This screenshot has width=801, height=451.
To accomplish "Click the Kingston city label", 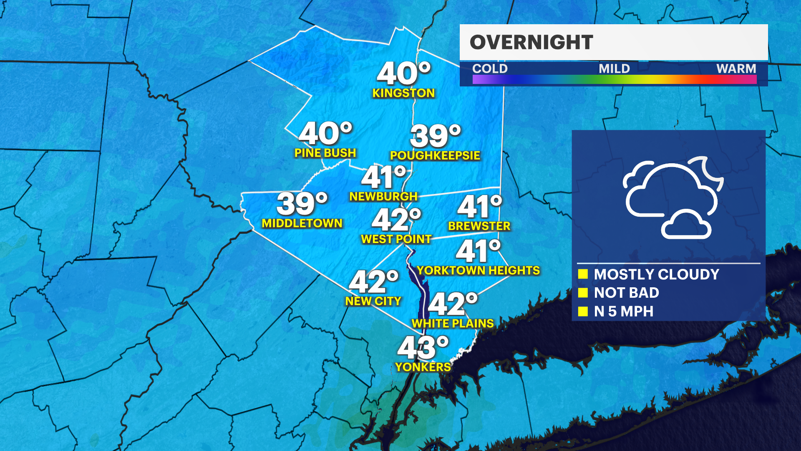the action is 403,93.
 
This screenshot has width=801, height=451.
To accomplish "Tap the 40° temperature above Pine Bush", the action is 325,133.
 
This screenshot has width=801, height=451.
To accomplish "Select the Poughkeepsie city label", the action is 435,155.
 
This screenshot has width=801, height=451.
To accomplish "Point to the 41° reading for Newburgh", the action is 383,177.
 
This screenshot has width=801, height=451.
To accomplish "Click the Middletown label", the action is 302,223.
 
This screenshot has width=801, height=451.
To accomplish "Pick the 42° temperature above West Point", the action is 396,220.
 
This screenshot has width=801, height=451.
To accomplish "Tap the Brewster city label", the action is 479,226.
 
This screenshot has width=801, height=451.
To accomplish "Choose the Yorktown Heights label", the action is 478,271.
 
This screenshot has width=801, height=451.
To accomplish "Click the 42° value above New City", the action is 373,281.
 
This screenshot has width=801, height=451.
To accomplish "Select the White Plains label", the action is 453,324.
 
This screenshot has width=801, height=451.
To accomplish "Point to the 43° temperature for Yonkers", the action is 423,347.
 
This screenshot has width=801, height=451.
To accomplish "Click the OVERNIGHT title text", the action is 531,42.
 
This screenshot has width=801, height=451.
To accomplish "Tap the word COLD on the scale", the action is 490,68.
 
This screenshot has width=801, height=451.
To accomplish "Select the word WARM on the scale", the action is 736,68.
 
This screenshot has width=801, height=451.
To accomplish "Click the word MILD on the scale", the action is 614,68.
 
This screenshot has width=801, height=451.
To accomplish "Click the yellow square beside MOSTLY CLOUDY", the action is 583,274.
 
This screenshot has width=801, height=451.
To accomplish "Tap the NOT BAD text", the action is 626,293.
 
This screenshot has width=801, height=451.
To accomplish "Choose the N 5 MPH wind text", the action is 623,312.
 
